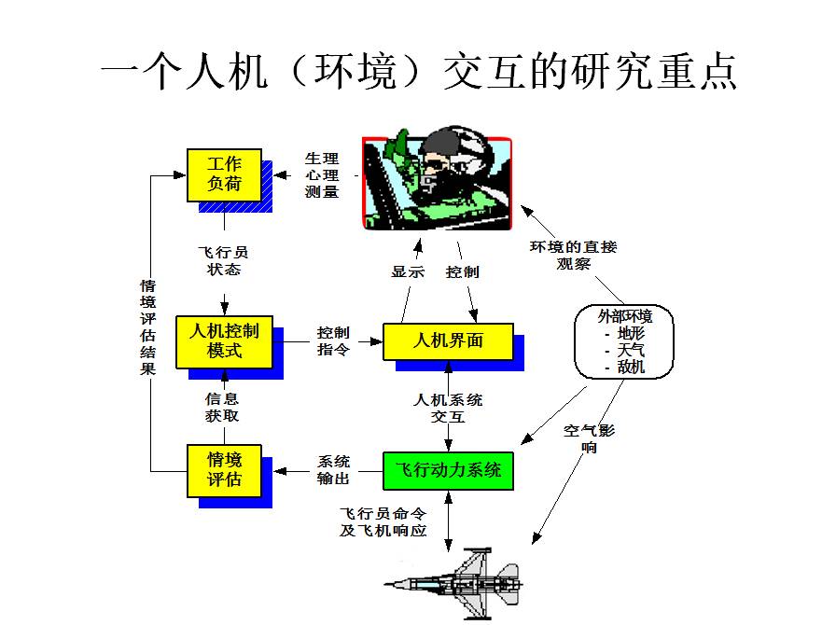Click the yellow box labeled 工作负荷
224,174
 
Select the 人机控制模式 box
224,341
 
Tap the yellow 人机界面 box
448,340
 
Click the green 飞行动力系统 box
448,470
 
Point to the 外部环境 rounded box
624,341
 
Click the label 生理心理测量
322,175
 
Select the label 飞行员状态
224,260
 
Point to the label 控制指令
333,341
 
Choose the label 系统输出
333,470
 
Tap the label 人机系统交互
448,408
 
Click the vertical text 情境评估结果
148,326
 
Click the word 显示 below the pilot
408,272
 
